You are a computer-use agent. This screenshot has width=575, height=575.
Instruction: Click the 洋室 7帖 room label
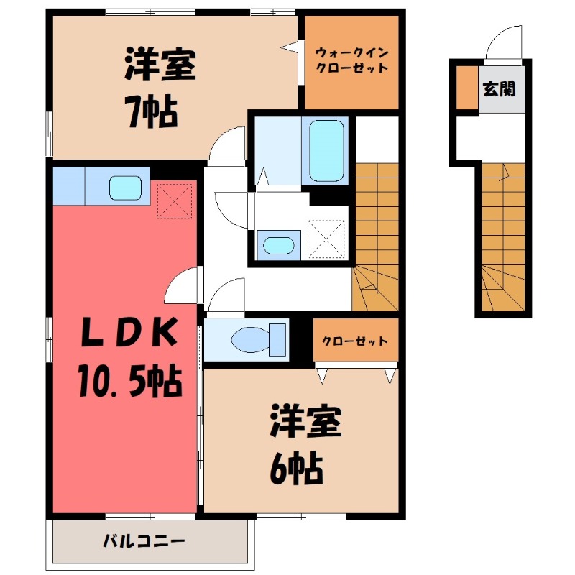pos(159,88)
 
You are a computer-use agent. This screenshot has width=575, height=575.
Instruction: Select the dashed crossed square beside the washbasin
pos(327,238)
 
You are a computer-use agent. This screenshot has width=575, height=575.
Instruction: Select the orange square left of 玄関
pos(467,88)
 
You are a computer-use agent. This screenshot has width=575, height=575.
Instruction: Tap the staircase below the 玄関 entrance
pos(503,237)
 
